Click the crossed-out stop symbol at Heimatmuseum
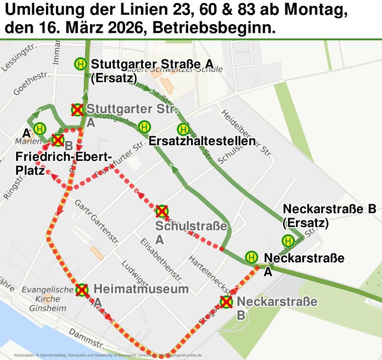(82, 290)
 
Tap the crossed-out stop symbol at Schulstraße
(162, 211)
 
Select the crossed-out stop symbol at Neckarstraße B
(226, 302)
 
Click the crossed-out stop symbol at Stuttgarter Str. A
(77, 110)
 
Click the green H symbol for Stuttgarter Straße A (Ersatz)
(80, 64)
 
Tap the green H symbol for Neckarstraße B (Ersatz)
(288, 241)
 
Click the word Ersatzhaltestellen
(202, 141)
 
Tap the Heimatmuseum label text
(141, 289)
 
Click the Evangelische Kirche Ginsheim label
(48, 299)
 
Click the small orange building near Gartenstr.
(97, 253)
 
